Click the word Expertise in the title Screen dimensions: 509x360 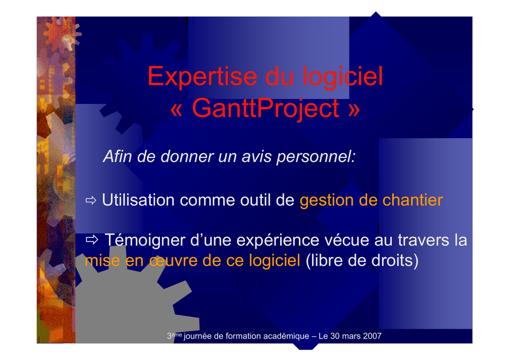(x=203, y=77)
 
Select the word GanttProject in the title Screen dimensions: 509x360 (x=265, y=108)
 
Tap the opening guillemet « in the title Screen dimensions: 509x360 (x=176, y=110)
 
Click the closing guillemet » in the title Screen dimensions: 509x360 (x=354, y=110)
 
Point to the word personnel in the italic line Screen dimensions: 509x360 (x=316, y=157)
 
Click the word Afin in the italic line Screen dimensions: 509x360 (x=117, y=156)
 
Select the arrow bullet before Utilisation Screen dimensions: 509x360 (x=91, y=200)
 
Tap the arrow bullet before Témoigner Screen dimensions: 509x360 (x=92, y=240)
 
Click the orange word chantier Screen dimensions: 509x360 (x=413, y=200)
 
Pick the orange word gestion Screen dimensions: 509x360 (x=327, y=201)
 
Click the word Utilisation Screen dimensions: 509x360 (x=138, y=200)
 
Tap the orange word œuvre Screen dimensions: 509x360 (x=173, y=261)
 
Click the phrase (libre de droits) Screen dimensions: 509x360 (x=362, y=261)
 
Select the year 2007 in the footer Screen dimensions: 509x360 (x=372, y=336)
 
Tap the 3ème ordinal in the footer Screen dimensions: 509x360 (x=174, y=336)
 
